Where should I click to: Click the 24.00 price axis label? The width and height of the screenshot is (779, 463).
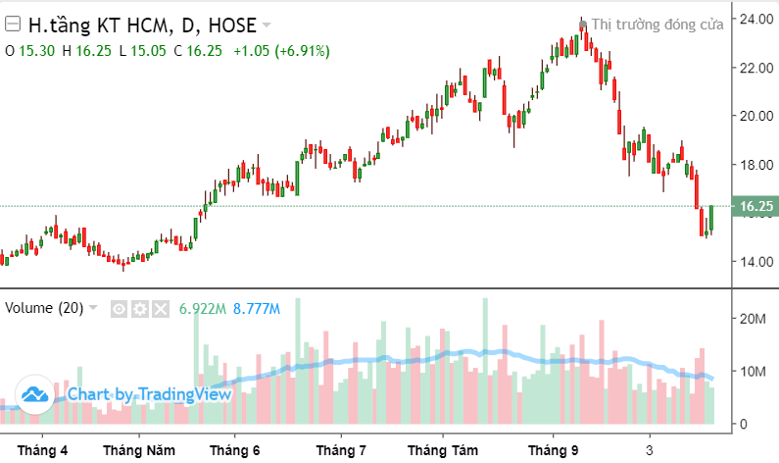756,19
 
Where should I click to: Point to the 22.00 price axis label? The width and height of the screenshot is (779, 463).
756,68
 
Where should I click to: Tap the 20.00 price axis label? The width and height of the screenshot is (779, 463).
756,116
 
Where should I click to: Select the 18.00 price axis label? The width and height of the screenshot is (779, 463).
756,165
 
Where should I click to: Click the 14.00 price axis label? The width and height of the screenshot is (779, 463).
756,262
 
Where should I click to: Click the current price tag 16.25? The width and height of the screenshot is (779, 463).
756,207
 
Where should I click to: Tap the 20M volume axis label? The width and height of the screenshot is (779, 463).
753,319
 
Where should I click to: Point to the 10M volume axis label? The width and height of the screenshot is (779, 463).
753,372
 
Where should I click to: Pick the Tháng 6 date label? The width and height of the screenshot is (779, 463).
235,450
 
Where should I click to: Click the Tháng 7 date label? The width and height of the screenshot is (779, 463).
341,450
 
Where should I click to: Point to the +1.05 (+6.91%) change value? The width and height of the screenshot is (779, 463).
281,50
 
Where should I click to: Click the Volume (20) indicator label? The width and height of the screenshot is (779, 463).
44,308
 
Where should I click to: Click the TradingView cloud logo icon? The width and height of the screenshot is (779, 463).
36,395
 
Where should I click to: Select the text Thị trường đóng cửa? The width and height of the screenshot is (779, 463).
657,25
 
